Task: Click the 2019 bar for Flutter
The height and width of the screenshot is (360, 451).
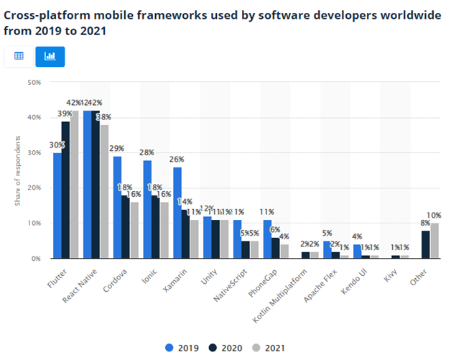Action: pos(57,206)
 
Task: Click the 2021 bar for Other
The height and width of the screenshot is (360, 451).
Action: pos(433,241)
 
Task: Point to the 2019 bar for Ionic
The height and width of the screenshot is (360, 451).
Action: pos(147,209)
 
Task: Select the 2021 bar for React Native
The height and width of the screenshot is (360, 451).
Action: pos(105,192)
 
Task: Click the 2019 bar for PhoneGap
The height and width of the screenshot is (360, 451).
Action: pos(268,239)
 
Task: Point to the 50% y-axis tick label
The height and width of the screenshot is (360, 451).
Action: pos(34,83)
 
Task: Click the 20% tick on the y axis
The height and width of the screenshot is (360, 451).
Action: pos(34,188)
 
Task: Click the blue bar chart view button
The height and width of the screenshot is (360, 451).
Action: pos(50,56)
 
